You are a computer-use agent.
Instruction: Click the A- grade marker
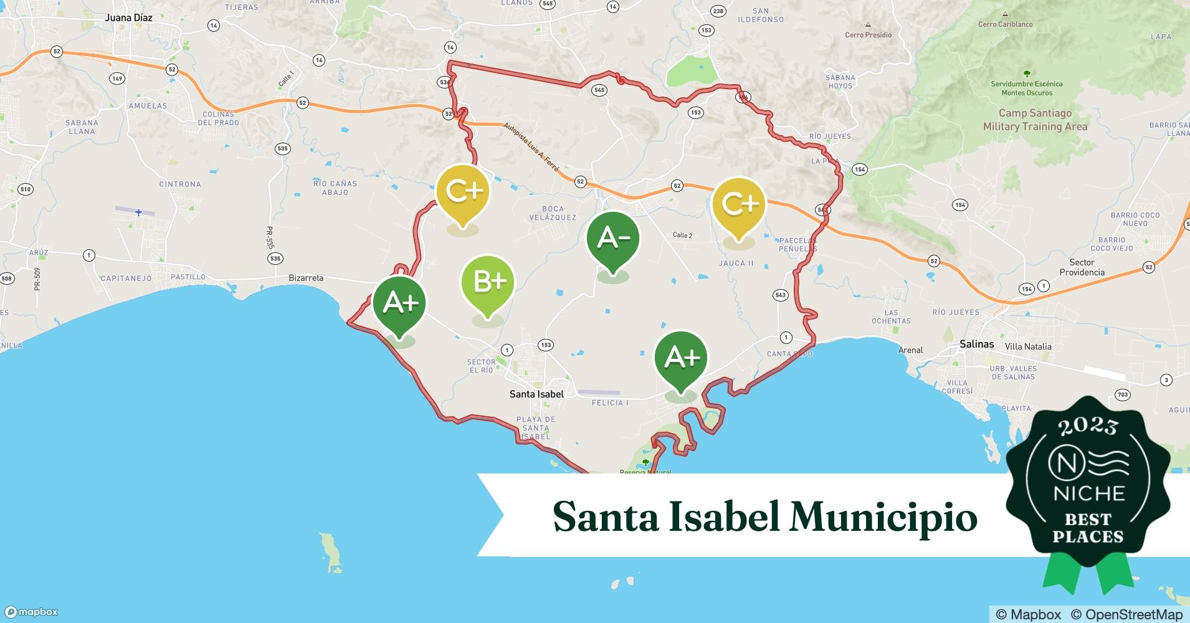(x=613, y=239)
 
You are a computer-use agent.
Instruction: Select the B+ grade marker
(x=488, y=282)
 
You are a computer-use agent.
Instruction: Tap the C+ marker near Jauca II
(x=739, y=204)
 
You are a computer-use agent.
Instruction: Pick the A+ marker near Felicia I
(x=681, y=358)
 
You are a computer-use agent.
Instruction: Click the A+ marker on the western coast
(x=399, y=303)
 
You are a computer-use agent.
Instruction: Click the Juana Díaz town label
(x=128, y=17)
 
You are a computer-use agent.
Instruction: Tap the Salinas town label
(x=976, y=344)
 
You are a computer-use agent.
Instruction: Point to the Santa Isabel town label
(x=536, y=394)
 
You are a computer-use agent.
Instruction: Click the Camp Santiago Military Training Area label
(x=1035, y=120)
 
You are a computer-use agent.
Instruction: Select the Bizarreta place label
(x=306, y=278)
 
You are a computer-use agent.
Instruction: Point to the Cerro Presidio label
(x=868, y=35)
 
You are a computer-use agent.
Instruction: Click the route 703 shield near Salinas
(x=1123, y=394)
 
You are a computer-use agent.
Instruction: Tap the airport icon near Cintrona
(x=138, y=212)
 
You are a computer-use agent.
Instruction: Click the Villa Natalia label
(x=1028, y=346)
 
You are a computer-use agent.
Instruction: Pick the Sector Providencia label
(x=1082, y=267)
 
